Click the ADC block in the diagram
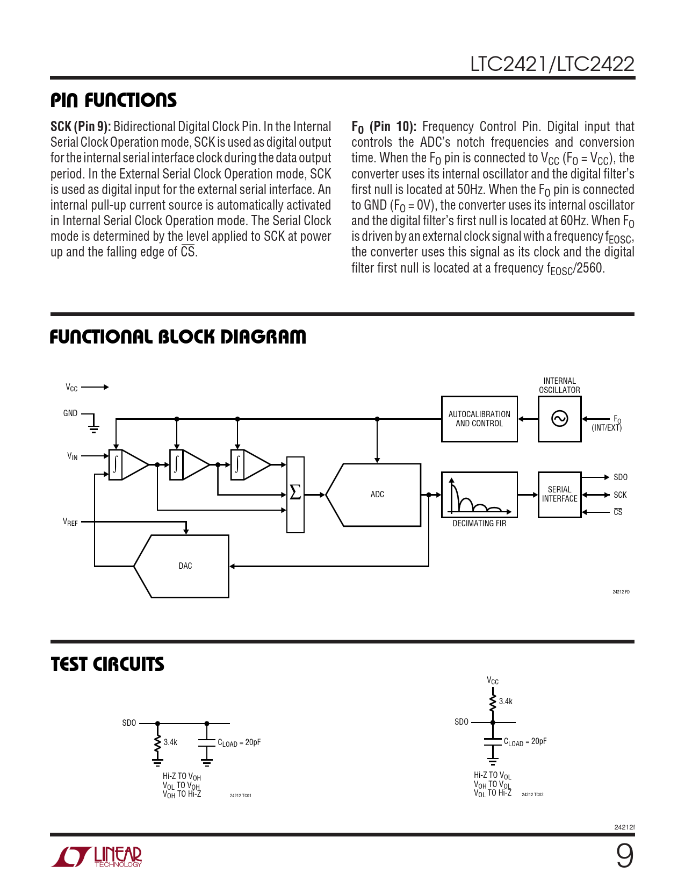point(377,495)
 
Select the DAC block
point(185,566)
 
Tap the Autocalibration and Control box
point(479,419)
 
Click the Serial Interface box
point(559,494)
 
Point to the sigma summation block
point(295,493)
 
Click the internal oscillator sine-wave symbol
point(560,419)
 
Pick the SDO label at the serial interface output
point(621,477)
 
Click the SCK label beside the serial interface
point(620,495)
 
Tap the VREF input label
point(70,522)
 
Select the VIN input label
point(73,456)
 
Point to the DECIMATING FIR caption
point(479,524)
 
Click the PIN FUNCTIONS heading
point(114,101)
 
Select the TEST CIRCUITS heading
point(107,664)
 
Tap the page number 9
point(624,856)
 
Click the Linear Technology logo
point(97,856)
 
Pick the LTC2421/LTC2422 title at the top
point(552,65)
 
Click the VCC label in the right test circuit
point(493,681)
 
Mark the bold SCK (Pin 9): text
point(81,127)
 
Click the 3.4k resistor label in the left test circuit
point(170,742)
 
